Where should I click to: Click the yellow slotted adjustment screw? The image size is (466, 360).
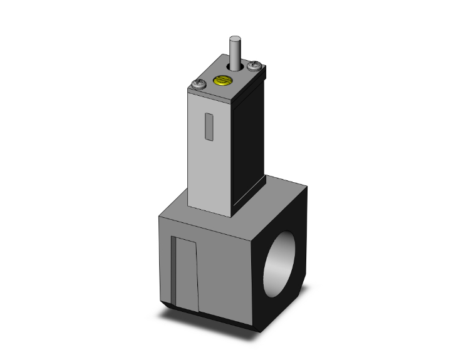pos(220,80)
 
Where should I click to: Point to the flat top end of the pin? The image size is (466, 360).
pos(235,39)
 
